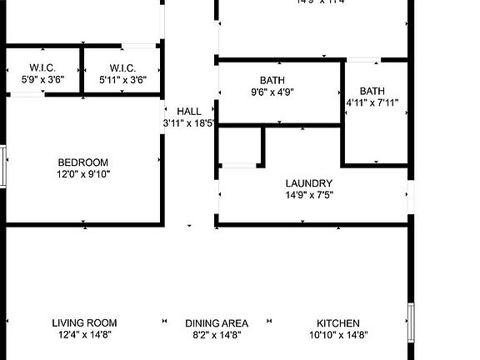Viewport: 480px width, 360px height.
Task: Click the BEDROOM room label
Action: pos(82,162)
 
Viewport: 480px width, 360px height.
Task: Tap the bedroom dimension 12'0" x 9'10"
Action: pos(82,174)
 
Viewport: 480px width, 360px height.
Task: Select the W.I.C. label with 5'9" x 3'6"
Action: pos(42,67)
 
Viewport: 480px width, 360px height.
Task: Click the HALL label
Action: pos(189,112)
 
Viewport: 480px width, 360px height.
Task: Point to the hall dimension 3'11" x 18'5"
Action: pos(189,123)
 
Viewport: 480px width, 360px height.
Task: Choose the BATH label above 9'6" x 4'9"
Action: pos(272,81)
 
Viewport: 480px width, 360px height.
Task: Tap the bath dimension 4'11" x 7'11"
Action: pos(372,103)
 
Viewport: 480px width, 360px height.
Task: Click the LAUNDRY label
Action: pos(308,183)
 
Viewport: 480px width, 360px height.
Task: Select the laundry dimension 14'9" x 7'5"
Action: pos(309,195)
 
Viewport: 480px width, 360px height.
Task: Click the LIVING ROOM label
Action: pos(84,323)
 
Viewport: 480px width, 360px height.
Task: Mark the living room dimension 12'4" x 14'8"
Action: pos(84,335)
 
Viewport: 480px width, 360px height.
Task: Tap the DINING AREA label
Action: pos(217,323)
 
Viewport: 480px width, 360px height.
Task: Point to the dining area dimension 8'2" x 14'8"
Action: pos(217,335)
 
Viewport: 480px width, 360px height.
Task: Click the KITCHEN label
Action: pos(338,323)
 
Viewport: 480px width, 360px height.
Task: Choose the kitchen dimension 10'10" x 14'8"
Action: pos(338,335)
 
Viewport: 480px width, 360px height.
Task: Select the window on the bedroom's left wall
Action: pos(3,166)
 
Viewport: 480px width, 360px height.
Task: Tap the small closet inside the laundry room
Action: pos(240,146)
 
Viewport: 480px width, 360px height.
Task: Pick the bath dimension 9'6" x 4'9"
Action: pos(272,92)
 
